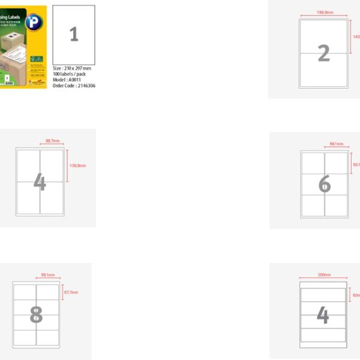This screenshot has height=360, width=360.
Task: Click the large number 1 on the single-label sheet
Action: [x=74, y=34]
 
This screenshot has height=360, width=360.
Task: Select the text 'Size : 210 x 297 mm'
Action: [x=72, y=68]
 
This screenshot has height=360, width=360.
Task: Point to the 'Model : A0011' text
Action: [x=67, y=80]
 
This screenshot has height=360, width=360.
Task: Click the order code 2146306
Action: [x=74, y=86]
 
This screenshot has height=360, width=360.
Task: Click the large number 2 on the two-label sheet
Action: [x=323, y=53]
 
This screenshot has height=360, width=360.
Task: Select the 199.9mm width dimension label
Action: [x=325, y=12]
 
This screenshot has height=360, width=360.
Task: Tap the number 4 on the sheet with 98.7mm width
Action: [x=40, y=182]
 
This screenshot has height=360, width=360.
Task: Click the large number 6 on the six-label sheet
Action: [x=324, y=185]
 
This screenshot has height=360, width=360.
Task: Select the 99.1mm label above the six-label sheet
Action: [x=335, y=144]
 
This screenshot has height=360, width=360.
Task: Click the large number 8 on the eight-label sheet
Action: [x=36, y=313]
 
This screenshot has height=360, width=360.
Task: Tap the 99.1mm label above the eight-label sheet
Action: [x=48, y=275]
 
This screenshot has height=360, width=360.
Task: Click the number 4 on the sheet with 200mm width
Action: [x=323, y=315]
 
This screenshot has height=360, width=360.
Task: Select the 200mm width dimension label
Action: [x=323, y=275]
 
